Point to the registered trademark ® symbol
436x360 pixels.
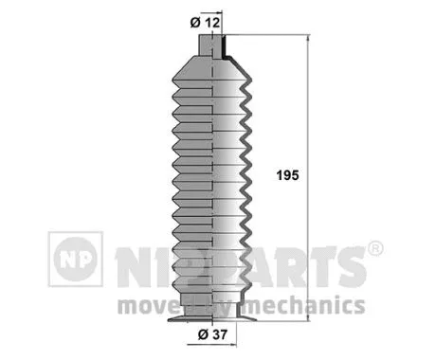click(x=374, y=250)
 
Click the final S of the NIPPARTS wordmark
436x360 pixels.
click(x=349, y=267)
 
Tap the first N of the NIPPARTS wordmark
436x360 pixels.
click(x=133, y=267)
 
